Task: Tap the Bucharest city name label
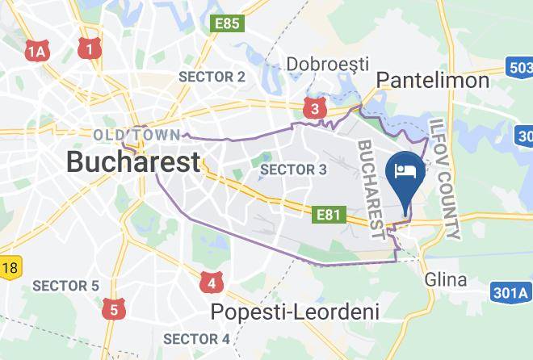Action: (132, 161)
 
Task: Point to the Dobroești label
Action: (329, 64)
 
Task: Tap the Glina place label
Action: (446, 280)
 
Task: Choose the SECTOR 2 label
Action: (212, 77)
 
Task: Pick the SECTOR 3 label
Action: (293, 170)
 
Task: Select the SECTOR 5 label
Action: (65, 286)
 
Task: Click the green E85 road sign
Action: (227, 23)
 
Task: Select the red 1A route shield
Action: (36, 52)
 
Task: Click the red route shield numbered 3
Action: (315, 107)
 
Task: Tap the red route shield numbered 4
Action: (212, 283)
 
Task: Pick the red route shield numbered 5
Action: (113, 308)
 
